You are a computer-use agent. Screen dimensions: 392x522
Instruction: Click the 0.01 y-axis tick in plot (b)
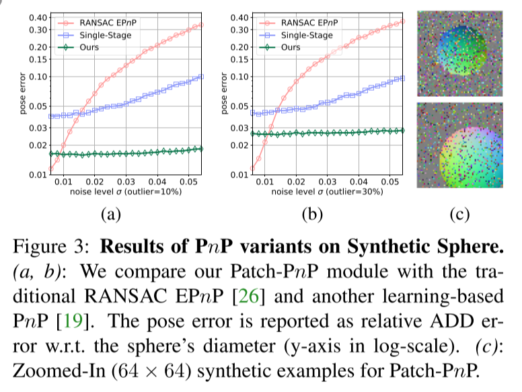click(239, 175)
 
